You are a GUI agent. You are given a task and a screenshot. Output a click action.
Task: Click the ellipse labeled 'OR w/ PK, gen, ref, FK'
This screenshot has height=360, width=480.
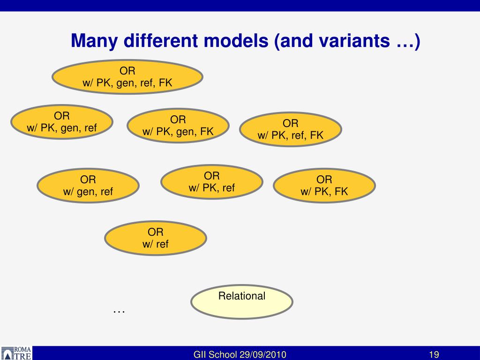[x=127, y=77]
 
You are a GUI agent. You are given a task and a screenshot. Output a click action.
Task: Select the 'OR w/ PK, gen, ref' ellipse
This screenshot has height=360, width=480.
[x=61, y=122]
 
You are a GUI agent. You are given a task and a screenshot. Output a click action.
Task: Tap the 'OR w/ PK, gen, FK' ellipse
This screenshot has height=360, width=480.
[x=178, y=126]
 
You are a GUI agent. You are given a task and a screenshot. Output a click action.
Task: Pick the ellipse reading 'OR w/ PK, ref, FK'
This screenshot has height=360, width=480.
[x=290, y=129]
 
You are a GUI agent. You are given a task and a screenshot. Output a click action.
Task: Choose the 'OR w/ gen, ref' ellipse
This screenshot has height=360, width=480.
[x=88, y=185]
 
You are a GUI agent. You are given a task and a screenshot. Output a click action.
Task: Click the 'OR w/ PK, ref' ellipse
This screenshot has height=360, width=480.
[x=211, y=182]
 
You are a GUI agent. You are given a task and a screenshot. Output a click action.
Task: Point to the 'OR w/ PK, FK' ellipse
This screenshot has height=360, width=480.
[x=324, y=185]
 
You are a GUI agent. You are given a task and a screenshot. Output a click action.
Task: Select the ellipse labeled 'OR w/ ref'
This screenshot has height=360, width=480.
[x=155, y=238]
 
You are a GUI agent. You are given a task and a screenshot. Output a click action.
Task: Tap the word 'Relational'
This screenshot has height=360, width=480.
[x=241, y=296]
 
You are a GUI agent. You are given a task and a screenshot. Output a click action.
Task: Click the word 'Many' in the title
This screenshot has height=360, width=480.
[x=94, y=41]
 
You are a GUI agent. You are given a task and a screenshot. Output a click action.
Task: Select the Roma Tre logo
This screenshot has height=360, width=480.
[x=16, y=353]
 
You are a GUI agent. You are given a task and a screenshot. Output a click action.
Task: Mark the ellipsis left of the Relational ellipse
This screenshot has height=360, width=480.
[x=119, y=311]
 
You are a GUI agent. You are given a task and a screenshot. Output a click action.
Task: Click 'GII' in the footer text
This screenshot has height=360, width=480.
[x=201, y=354]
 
